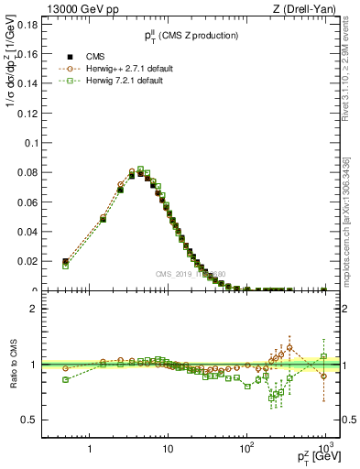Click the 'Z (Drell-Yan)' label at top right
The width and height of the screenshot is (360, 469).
[310, 8]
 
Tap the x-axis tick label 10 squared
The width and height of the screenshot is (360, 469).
[245, 449]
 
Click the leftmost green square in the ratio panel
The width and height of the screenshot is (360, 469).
[65, 379]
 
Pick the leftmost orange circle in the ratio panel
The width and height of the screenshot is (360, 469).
[65, 368]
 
